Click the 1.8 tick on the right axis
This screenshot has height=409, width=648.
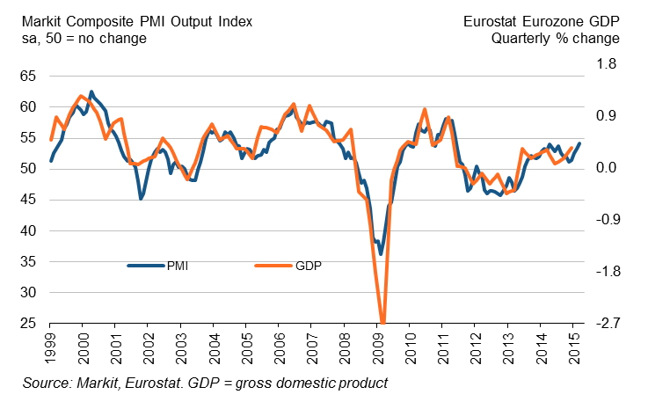(609, 64)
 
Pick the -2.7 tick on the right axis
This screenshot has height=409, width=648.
(607, 324)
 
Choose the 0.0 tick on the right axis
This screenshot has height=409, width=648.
(609, 167)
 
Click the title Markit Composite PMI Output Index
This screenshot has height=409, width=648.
(129, 19)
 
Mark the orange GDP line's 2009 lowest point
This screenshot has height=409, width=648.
(382, 323)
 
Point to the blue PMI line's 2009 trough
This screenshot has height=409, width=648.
(381, 254)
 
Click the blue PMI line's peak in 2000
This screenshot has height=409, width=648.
(91, 91)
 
